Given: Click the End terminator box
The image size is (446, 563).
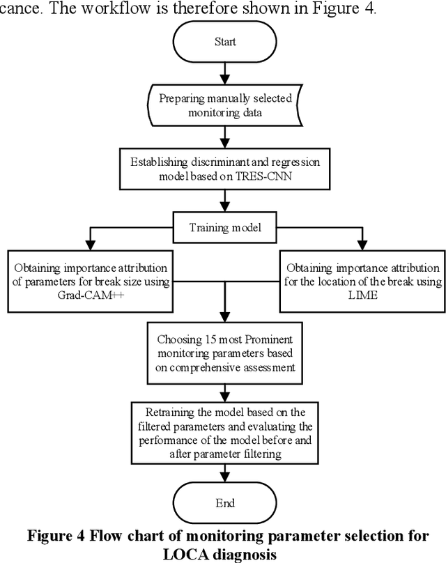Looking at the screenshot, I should click(x=224, y=503).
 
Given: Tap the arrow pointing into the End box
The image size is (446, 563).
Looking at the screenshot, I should click(x=224, y=472).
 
